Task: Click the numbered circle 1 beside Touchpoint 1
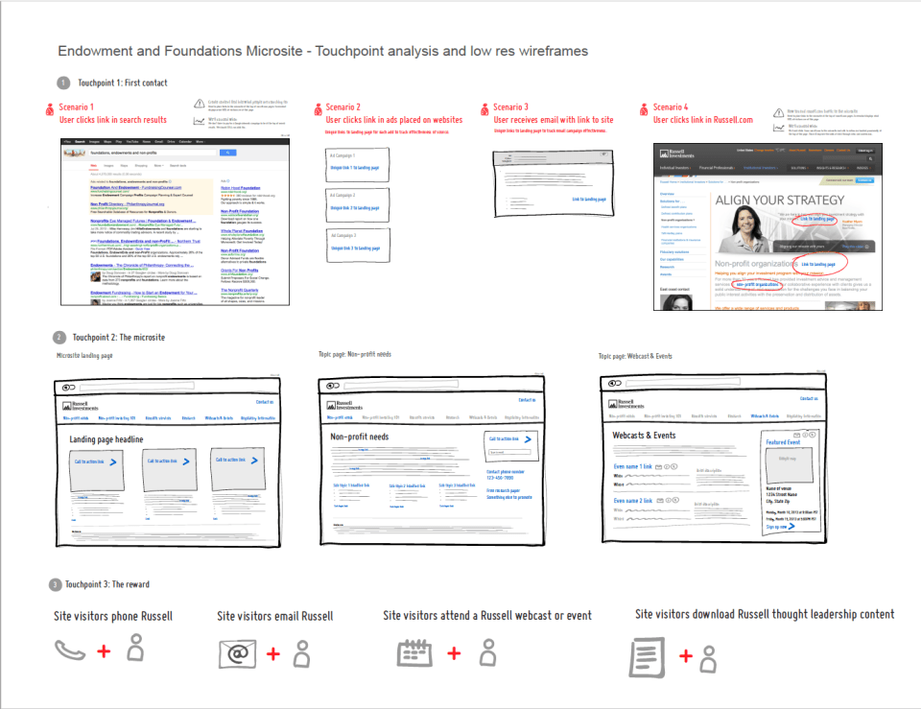63,83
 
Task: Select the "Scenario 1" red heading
77,107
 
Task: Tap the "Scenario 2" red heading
342,107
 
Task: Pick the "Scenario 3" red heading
510,107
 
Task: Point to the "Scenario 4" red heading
671,107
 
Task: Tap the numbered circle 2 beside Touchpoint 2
59,338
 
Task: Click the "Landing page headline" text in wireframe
106,439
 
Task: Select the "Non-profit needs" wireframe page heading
360,437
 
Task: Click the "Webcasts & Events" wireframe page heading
644,436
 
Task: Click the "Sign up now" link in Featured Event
780,527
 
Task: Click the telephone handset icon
70,651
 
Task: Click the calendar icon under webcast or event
414,651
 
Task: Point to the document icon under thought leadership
647,657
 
